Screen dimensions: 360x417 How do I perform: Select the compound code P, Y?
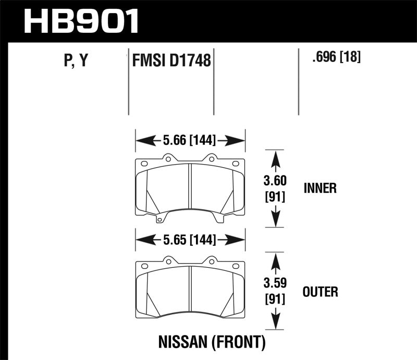click(x=75, y=62)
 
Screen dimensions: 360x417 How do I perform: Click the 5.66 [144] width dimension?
click(x=190, y=140)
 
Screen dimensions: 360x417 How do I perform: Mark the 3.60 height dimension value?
click(x=276, y=182)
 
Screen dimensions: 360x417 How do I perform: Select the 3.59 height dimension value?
click(x=276, y=285)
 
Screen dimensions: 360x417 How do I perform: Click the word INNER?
click(x=320, y=188)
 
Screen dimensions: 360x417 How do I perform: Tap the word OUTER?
click(x=321, y=292)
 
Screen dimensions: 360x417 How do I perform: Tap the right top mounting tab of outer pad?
click(x=212, y=260)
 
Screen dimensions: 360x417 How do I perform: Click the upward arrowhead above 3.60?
click(x=276, y=156)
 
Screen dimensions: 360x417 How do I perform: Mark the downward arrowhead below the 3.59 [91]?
click(x=276, y=323)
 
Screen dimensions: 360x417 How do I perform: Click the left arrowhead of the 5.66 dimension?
click(x=141, y=140)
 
